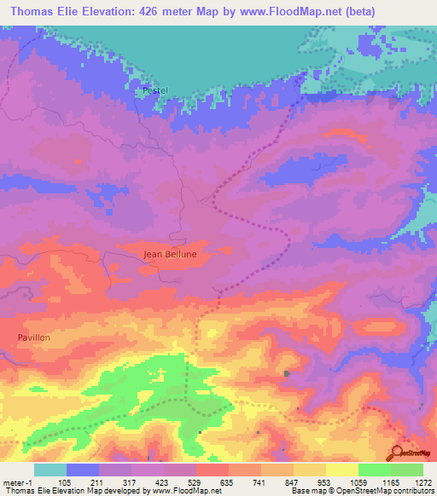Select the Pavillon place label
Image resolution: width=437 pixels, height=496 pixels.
tap(34, 337)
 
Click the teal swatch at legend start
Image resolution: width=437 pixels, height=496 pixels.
tap(50, 469)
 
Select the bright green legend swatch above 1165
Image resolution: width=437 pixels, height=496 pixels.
tap(375, 469)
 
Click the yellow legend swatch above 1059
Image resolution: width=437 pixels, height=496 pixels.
tap(342, 469)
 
